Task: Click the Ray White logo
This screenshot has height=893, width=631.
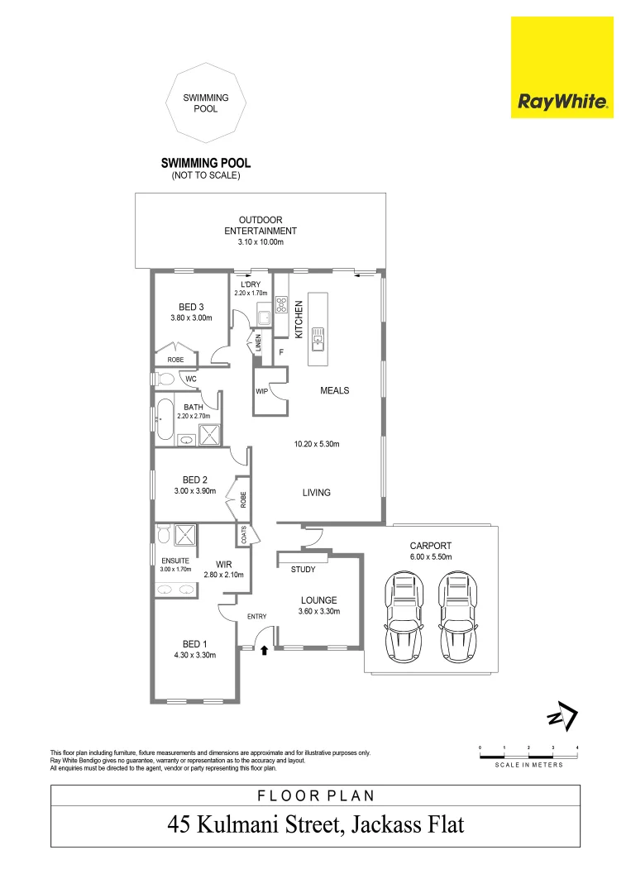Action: [562, 68]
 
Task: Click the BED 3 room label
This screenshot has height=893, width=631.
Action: [191, 307]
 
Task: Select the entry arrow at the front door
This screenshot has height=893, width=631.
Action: [264, 651]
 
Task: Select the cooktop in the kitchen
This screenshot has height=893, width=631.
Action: [281, 304]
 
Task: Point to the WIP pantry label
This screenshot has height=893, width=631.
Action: [261, 390]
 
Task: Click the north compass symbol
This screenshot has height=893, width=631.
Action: [562, 718]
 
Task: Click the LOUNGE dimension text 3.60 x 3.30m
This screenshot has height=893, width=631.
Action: [318, 612]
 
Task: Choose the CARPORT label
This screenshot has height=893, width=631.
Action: [430, 547]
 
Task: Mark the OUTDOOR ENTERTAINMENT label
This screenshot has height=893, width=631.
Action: [261, 225]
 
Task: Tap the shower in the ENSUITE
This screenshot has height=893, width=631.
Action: [183, 536]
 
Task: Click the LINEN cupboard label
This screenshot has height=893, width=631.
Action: [259, 342]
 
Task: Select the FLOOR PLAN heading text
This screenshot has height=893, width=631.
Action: [315, 796]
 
